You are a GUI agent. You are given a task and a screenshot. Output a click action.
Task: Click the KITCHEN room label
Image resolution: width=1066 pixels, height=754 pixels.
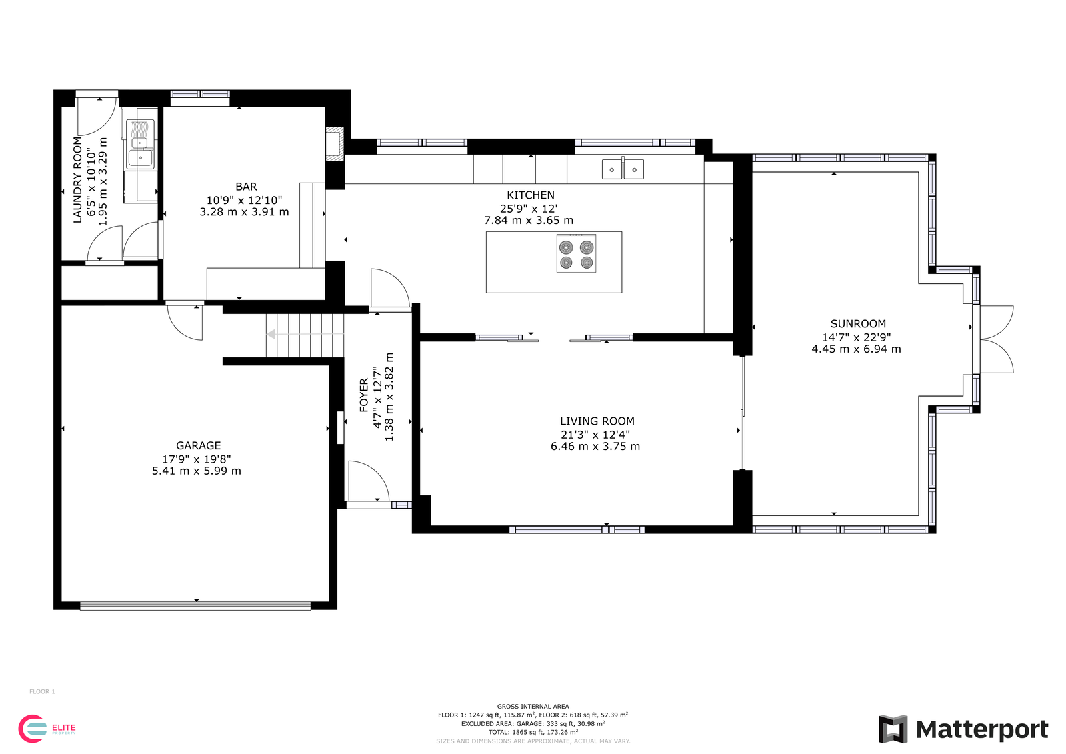tap(530, 195)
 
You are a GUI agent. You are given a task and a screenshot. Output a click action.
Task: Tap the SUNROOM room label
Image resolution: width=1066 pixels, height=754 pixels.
tap(858, 324)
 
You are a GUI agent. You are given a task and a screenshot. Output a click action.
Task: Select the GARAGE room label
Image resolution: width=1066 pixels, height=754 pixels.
tap(198, 446)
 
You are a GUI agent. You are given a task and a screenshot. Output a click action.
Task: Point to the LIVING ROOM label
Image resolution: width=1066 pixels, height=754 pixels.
tap(597, 421)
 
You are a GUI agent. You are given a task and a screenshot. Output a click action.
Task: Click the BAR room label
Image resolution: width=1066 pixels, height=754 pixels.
tap(246, 187)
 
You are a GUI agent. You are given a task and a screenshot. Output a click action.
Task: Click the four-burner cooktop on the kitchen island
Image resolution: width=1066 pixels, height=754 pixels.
tap(576, 253)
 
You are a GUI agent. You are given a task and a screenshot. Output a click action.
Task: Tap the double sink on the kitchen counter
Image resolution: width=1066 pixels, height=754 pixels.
tap(623, 169)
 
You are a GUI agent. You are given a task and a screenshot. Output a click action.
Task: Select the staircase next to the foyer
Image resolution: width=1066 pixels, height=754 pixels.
tap(305, 335)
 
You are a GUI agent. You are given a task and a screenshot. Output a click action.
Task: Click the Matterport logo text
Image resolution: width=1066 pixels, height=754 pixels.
tap(981, 729)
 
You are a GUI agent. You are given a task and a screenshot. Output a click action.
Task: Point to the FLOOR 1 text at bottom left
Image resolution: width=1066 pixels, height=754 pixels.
tap(42, 691)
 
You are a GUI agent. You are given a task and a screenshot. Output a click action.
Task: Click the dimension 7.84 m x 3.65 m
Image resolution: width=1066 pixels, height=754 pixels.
tap(528, 221)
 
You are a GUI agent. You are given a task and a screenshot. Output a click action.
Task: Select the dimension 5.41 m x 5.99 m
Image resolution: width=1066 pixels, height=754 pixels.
tap(196, 471)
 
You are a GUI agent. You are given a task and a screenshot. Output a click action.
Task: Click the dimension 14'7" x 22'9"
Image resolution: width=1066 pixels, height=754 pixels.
tap(856, 337)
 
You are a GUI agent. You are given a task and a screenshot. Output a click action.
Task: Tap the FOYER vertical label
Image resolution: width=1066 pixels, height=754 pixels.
tap(364, 395)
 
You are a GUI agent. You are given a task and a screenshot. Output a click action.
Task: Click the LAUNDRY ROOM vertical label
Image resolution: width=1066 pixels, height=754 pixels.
tap(77, 179)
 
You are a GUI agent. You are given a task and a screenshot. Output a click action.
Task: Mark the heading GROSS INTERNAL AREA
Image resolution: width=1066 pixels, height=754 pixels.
tap(533, 706)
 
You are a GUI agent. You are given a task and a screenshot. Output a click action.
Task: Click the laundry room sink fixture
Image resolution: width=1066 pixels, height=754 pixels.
tap(141, 151)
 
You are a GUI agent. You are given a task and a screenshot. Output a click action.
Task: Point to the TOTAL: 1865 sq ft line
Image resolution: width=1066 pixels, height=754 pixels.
tap(533, 732)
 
